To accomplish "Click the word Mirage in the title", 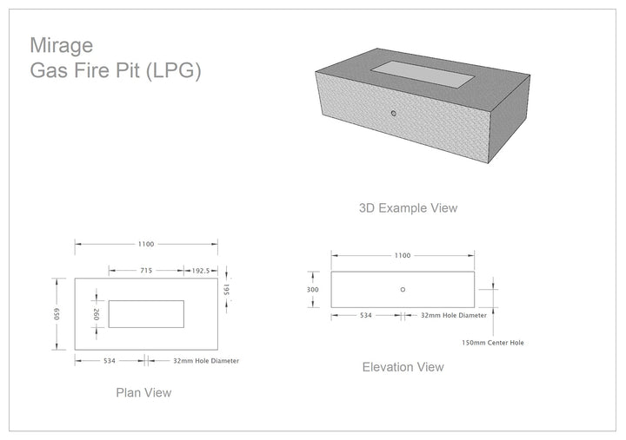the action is pos(62,46).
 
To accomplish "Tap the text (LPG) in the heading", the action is pos(173,71).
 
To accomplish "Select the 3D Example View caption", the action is pos(408,208).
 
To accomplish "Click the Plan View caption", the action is pos(143,392).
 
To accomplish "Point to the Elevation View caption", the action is pos(403,367).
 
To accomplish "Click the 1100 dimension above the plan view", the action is pos(146,244).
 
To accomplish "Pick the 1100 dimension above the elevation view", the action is pos(403,255).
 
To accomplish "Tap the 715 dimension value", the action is pos(146,271).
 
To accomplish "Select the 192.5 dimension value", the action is pos(201,271).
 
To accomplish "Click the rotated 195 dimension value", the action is pos(226,290).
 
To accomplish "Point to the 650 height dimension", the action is pos(57,313).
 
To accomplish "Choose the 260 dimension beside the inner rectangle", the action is pos(97,314).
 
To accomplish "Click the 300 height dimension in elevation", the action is pos(313,290).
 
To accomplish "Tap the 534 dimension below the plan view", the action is pos(110,361).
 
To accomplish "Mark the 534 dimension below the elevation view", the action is pos(366,315).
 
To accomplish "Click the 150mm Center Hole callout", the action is pos(493,343).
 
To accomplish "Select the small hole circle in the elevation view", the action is pos(403,290).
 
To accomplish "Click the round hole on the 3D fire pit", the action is pos(394,114).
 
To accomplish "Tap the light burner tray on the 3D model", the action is pos(423,74).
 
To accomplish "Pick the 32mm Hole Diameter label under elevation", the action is pos(454,315).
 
